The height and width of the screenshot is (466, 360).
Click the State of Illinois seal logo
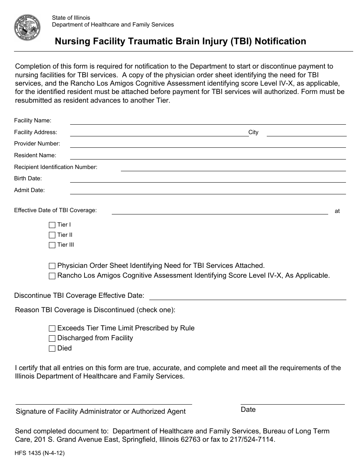coord(27,28)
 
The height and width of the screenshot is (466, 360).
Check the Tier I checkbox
coord(52,225)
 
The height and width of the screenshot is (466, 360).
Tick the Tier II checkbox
coord(52,235)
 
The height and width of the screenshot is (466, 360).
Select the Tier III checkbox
coord(52,245)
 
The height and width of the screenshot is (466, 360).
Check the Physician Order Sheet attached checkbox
coord(52,266)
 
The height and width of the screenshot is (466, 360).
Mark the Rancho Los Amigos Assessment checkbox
coord(52,276)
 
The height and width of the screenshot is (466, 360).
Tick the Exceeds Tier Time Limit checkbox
coord(52,328)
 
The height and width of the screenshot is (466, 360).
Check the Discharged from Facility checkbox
coord(52,338)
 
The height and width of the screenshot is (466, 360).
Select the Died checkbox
coord(52,349)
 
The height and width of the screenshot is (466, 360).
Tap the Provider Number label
coord(37,144)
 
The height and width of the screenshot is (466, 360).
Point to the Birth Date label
coord(28,178)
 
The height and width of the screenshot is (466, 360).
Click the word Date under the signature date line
coord(248,410)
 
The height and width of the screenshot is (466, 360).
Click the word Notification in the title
coord(280,41)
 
